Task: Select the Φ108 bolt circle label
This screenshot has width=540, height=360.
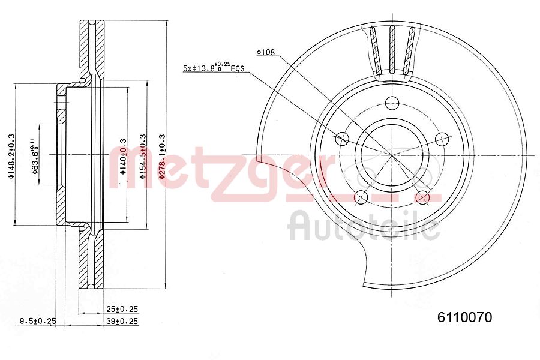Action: pos(265,53)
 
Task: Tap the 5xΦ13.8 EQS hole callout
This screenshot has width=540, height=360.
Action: pos(214,68)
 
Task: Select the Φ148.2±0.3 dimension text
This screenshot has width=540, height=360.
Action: pos(10,155)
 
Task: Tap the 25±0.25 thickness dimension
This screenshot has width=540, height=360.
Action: pos(122,309)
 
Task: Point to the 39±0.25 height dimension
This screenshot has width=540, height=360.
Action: pos(122,322)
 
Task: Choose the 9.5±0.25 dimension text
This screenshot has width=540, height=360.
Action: pos(37,322)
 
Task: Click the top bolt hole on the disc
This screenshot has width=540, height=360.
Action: pos(392,102)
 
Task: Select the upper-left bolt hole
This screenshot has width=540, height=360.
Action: pos(341,139)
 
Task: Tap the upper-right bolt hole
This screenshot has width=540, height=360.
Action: pos(442,139)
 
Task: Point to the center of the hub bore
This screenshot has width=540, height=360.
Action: pos(392,155)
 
